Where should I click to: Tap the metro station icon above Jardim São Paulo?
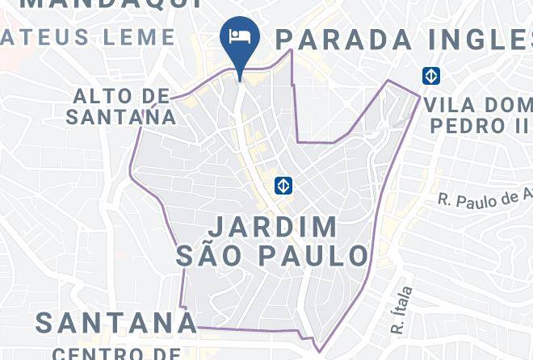click(x=283, y=185)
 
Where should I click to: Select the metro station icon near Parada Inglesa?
click(x=430, y=75)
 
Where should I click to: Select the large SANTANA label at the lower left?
click(x=115, y=322)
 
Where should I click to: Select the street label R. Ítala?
click(x=401, y=310)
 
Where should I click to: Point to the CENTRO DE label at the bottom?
click(x=117, y=353)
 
